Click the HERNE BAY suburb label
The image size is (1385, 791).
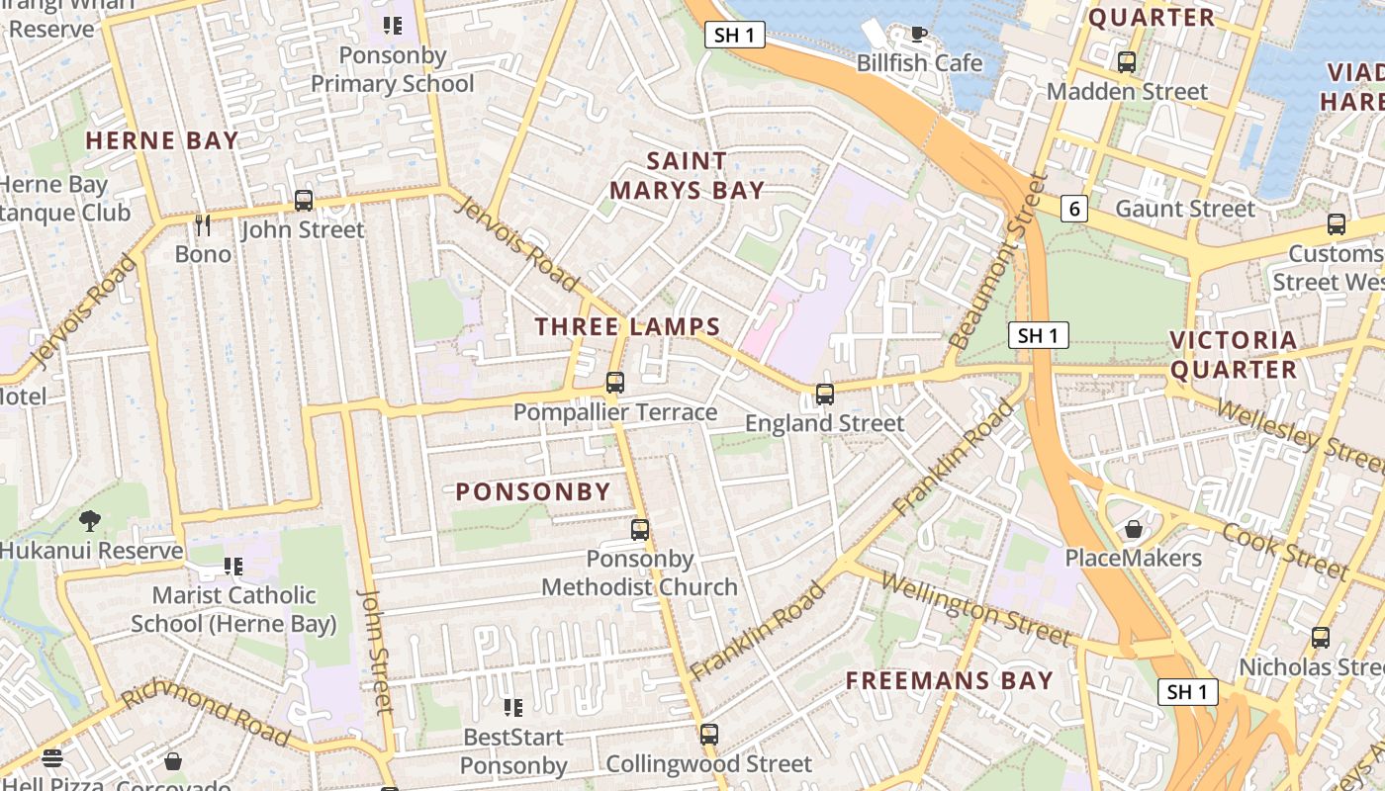(162, 140)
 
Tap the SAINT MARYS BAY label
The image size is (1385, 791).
(687, 176)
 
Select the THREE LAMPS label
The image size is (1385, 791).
(627, 326)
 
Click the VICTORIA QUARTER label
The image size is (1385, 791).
(1233, 355)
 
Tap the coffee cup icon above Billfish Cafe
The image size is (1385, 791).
(919, 35)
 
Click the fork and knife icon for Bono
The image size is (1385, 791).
(203, 225)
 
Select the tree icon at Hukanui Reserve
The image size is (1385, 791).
(90, 521)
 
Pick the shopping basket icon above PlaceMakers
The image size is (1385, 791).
(1134, 529)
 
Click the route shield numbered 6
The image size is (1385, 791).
(1074, 208)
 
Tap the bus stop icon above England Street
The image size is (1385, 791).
(825, 395)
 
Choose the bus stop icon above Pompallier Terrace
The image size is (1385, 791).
(615, 383)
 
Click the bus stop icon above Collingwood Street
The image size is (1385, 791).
(708, 735)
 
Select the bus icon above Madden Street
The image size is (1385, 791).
(1127, 62)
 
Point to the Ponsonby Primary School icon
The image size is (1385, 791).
(393, 26)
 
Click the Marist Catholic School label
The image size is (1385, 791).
(234, 609)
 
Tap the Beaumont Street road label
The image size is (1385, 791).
(996, 262)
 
